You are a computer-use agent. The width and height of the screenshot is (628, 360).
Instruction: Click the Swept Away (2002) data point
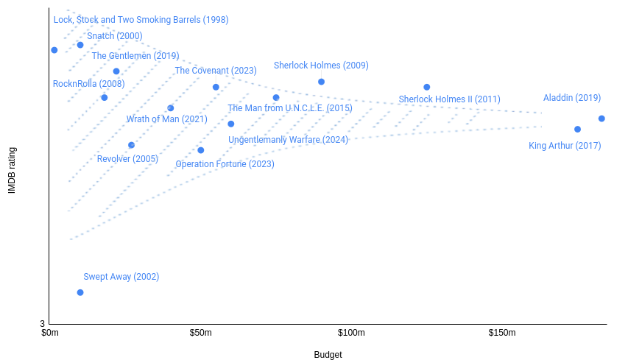tap(80, 292)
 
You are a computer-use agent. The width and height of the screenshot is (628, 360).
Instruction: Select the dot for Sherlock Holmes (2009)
tap(321, 82)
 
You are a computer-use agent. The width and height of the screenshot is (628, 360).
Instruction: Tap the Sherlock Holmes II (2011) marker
tap(426, 87)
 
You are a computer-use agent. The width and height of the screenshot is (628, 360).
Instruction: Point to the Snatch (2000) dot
tap(80, 45)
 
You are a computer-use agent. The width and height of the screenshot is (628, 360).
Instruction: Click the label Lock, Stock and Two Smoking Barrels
tap(141, 20)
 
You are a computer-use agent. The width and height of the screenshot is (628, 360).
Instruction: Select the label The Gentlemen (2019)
tap(135, 56)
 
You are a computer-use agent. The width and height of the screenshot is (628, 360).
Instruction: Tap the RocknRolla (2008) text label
tap(88, 84)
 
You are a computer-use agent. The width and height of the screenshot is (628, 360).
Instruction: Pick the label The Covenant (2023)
tap(216, 71)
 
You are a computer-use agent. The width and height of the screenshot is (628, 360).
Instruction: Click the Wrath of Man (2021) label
tap(166, 119)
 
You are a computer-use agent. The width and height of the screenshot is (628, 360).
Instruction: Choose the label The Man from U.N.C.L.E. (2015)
tap(290, 108)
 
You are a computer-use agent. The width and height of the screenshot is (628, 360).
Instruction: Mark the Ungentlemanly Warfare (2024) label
tap(288, 140)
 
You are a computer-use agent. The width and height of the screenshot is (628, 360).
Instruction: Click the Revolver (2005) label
tap(127, 159)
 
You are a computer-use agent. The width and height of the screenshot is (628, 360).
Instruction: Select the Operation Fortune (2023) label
tap(225, 164)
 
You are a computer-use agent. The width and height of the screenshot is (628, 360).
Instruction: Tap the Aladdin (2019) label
tap(572, 98)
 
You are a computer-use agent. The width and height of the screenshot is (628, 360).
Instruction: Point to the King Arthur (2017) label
tap(565, 146)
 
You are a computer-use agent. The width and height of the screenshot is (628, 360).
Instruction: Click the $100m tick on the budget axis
tap(351, 333)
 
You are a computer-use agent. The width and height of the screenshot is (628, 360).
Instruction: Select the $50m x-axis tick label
tap(200, 333)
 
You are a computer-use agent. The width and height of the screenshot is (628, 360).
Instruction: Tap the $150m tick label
tap(502, 333)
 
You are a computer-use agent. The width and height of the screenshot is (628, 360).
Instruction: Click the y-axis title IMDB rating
tap(12, 171)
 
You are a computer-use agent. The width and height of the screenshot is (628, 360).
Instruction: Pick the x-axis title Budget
tap(328, 355)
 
